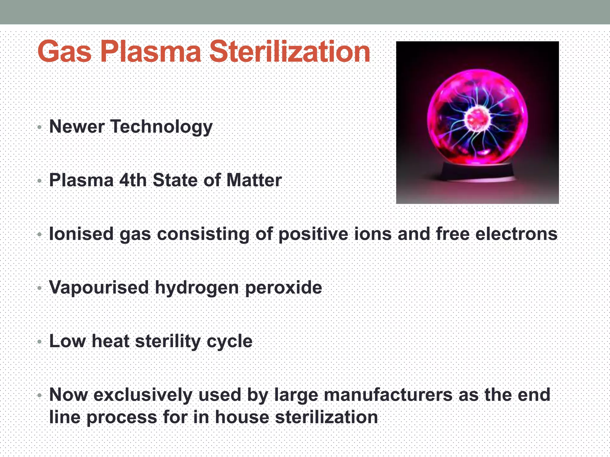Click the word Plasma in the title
click(150, 52)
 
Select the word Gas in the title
click(64, 52)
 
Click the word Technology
click(161, 127)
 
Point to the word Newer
click(77, 126)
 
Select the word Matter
click(254, 180)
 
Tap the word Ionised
click(81, 234)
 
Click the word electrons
click(516, 234)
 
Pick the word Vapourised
click(99, 287)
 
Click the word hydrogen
click(197, 288)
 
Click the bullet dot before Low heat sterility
click(40, 342)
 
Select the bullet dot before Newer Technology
click(40, 128)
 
